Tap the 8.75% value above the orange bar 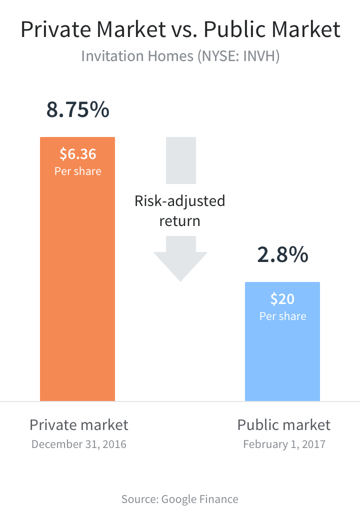point(77,110)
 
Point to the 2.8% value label point(282,255)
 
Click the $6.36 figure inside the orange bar point(78,153)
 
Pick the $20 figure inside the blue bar point(282,298)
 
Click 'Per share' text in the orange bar point(78,171)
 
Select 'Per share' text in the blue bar point(282,316)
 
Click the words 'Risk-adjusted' point(180,201)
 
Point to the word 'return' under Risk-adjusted point(180,220)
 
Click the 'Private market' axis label point(79,425)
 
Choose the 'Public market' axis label point(283,425)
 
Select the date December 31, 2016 point(79,444)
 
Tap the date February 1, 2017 point(284,444)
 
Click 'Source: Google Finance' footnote point(180,499)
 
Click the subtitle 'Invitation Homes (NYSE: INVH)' point(180,55)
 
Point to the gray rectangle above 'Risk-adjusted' point(180,160)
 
